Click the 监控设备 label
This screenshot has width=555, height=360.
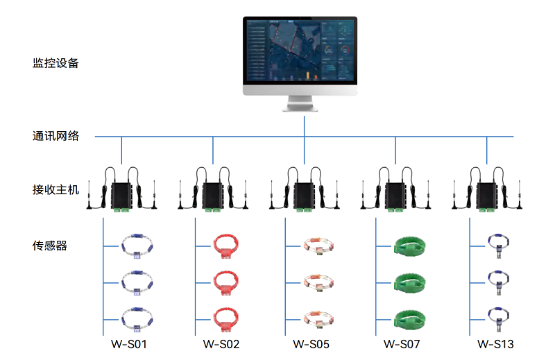tap(55, 63)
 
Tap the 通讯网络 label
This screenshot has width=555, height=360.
tap(55, 136)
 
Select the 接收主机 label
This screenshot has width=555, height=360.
tap(55, 190)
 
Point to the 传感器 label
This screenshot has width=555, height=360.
tap(50, 246)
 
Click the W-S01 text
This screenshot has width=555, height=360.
tap(129, 344)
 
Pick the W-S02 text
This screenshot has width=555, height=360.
tap(221, 344)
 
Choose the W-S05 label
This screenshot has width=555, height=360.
tap(311, 344)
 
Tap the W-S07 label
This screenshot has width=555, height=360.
tap(402, 344)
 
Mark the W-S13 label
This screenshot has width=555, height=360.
tap(495, 344)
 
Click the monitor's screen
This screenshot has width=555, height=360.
tap(300, 51)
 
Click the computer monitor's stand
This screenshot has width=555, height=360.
tap(300, 103)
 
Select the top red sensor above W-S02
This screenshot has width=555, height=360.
tap(226, 246)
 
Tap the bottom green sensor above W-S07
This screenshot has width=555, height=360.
tap(409, 320)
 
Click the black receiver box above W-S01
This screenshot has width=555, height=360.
tap(122, 196)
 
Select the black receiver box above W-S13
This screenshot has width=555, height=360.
tap(487, 196)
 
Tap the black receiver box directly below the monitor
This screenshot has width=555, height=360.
tap(305, 196)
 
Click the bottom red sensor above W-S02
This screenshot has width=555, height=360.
tap(226, 320)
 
